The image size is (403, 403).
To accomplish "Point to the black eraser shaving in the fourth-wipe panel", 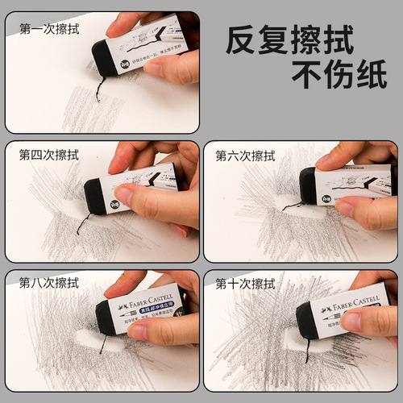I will (x=83, y=224).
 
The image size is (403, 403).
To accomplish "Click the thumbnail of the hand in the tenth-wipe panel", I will (x=352, y=322).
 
